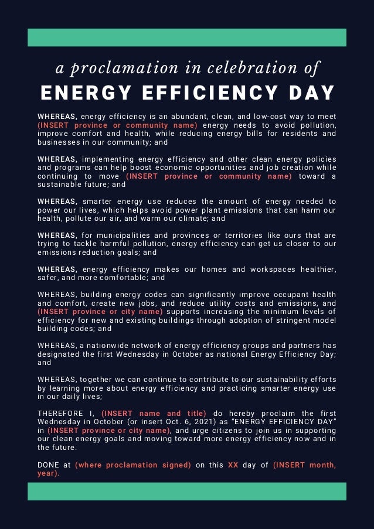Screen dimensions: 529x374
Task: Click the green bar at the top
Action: [187, 37]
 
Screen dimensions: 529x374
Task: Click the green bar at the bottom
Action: [187, 491]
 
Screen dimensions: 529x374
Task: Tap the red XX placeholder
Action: [233, 465]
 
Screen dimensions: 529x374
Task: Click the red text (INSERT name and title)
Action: [154, 414]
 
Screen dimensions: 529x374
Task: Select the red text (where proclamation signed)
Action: [132, 465]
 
